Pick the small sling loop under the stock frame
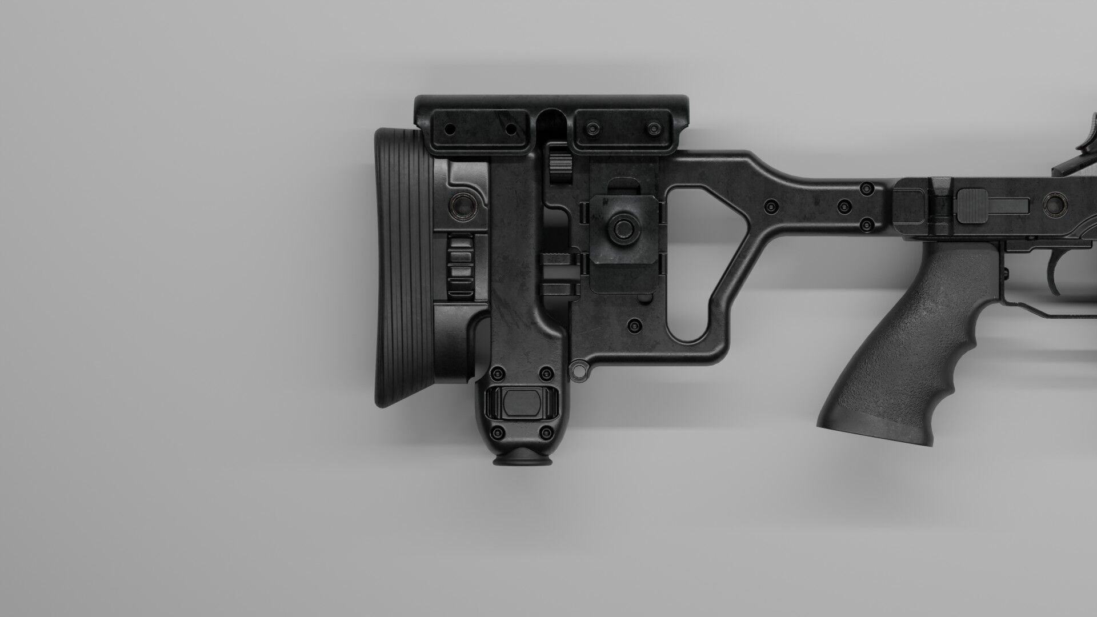pyautogui.click(x=581, y=370)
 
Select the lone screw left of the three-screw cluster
pyautogui.click(x=772, y=206)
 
